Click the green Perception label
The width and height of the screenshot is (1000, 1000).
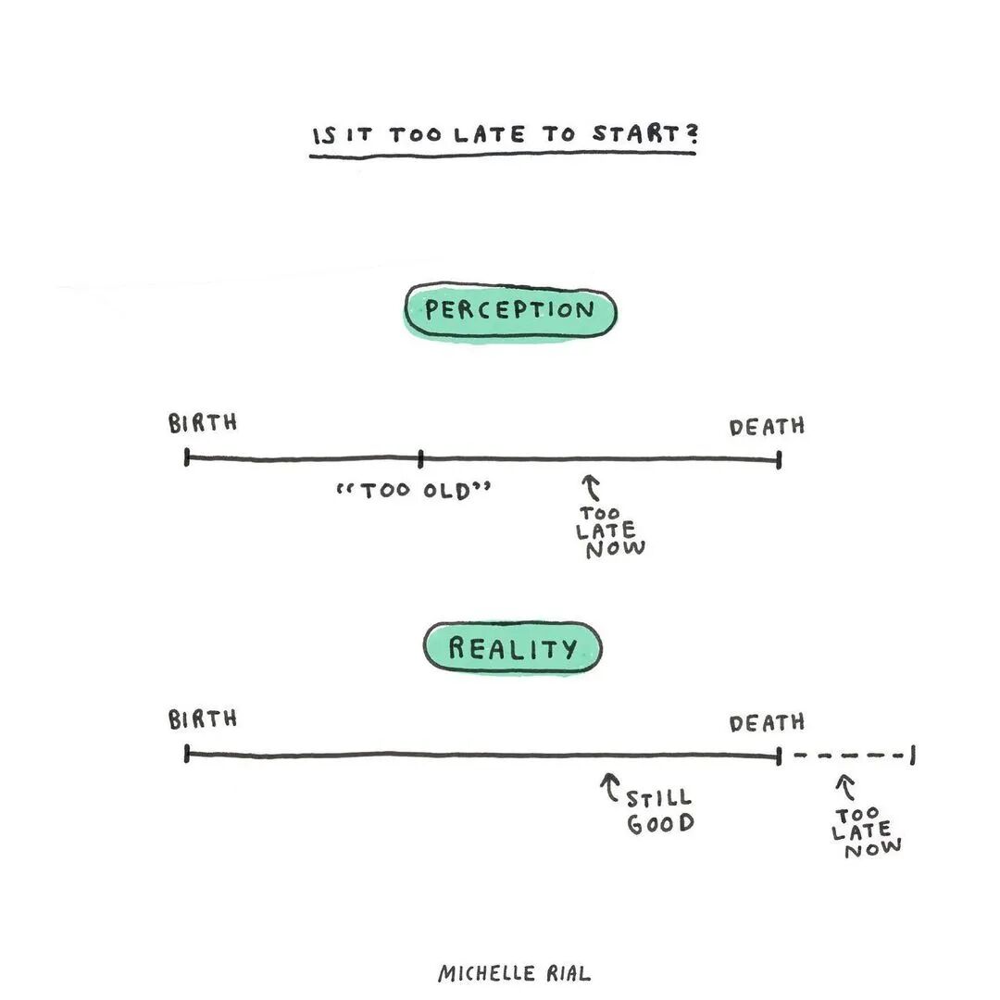pyautogui.click(x=509, y=311)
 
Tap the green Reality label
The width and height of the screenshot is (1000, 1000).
pyautogui.click(x=512, y=647)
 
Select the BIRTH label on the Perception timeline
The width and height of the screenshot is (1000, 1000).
pyautogui.click(x=203, y=423)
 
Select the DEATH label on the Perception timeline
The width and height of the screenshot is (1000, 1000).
pyautogui.click(x=767, y=427)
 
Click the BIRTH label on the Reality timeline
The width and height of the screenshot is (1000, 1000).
pyautogui.click(x=203, y=719)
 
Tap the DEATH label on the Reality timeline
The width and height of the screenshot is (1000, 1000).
pyautogui.click(x=767, y=723)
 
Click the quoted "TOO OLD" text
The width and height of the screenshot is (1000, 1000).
pyautogui.click(x=414, y=490)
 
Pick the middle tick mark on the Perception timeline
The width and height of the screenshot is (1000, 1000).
pyautogui.click(x=420, y=457)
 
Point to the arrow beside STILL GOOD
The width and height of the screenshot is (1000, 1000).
pyautogui.click(x=609, y=788)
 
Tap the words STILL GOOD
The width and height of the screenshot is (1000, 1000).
pyautogui.click(x=660, y=811)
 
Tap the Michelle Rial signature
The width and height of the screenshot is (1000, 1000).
pyautogui.click(x=513, y=973)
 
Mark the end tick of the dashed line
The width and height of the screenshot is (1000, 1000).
pyautogui.click(x=913, y=756)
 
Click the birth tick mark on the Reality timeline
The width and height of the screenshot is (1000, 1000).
pyautogui.click(x=187, y=754)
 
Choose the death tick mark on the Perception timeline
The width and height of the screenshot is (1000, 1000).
pyautogui.click(x=779, y=459)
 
